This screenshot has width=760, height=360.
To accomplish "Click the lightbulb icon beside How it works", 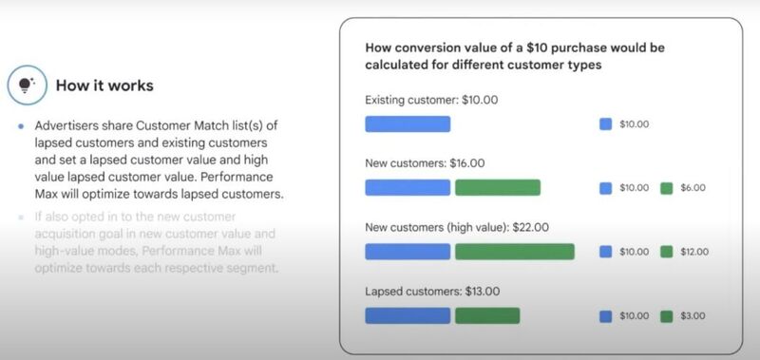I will coord(23,85).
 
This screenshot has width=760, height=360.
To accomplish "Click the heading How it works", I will coord(104,85).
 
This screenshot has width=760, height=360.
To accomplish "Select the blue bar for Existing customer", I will coord(408,123).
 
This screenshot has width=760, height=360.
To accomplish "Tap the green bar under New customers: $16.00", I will coord(497,187).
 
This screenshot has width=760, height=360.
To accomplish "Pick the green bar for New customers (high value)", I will coord(514,252).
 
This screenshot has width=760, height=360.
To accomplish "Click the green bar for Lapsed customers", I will coord(487,315).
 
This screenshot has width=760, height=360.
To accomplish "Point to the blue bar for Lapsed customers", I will coord(408,315).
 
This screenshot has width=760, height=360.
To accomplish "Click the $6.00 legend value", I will coord(693,188).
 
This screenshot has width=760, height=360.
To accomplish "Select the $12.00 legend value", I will coord(695,253).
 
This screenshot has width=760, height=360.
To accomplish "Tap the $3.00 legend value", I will coord(693,316).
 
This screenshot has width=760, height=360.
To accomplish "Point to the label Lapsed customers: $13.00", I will coord(432,292).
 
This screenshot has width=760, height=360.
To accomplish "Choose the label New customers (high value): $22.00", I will coord(456,228).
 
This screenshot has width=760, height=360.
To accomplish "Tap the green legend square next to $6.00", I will coord(666,188).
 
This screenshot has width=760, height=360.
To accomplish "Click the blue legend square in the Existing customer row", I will coord(606,123).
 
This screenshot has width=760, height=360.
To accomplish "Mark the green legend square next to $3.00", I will coord(666,316).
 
